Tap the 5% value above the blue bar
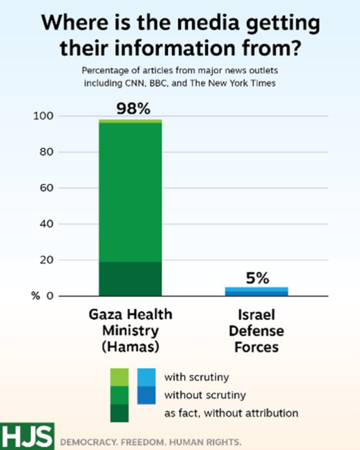257,278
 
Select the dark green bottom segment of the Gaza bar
130,279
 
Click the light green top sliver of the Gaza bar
130,121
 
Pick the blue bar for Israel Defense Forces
257,292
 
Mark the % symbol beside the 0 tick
35,296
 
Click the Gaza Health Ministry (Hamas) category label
130,331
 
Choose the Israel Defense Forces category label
257,331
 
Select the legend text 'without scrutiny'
205,395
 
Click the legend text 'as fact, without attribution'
231,413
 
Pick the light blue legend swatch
147,376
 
